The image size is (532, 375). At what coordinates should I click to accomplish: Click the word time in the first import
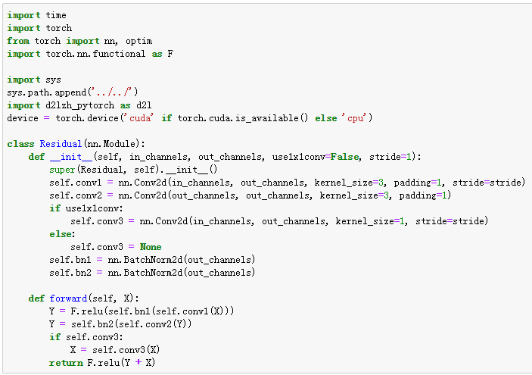coord(56,15)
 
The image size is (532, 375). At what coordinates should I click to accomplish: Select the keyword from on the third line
coord(18,41)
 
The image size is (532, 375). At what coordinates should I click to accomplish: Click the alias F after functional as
coord(170,54)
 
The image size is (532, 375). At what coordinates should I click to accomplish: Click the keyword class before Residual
coord(21,144)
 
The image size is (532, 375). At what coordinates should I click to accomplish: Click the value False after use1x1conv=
coord(342,157)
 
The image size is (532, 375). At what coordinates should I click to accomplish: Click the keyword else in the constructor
coord(60,234)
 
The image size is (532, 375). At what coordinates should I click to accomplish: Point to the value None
coord(151,247)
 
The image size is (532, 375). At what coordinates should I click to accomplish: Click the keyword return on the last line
coord(65,363)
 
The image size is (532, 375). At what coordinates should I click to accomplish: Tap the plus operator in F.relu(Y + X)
coord(138,363)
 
